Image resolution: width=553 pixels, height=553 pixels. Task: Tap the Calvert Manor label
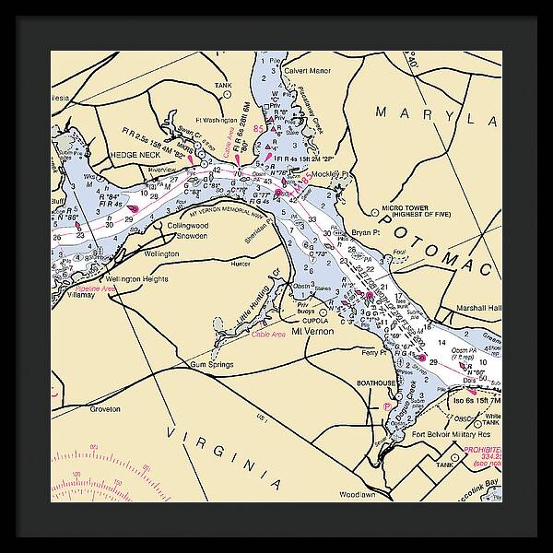tap(307, 70)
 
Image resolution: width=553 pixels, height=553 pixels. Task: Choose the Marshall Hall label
tap(476, 308)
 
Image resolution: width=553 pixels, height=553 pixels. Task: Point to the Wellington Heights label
tap(136, 278)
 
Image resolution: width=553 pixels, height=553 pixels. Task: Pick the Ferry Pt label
tap(372, 352)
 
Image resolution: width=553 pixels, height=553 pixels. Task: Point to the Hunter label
tap(241, 264)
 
